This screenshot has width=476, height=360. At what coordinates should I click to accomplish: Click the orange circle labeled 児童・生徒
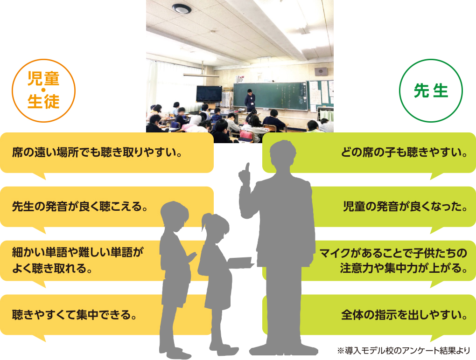(43, 90)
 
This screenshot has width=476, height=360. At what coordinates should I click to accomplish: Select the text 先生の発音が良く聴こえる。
(79, 206)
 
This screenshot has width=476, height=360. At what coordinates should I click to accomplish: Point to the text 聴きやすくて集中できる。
(74, 314)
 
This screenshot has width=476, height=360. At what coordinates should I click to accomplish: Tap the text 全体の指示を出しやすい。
(404, 314)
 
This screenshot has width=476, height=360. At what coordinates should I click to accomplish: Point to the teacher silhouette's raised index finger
(247, 167)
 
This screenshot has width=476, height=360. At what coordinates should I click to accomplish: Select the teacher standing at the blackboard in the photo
(251, 98)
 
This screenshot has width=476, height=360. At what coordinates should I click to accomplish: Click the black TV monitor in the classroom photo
(209, 94)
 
